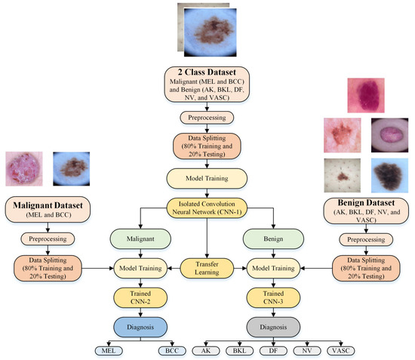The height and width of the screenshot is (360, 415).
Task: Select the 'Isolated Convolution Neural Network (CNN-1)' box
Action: [x=206, y=206]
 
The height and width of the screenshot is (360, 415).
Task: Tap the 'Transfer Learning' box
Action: [x=206, y=267]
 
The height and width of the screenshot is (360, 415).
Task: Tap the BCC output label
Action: [x=171, y=351]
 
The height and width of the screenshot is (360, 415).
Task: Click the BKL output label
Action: [x=240, y=351]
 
